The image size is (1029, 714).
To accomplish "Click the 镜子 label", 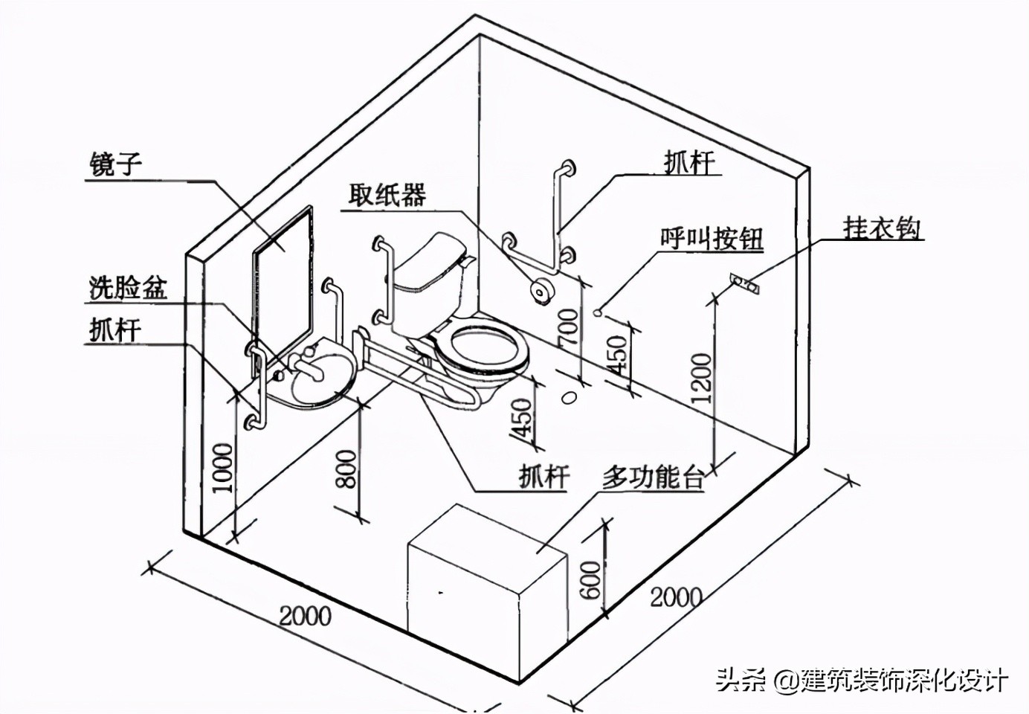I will coord(115,163).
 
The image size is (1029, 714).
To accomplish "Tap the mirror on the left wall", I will coord(283,271).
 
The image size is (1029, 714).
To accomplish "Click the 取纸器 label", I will coord(387,195).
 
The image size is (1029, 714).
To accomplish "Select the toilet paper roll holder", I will coord(541,290).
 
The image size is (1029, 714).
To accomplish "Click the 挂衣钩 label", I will coord(882,228).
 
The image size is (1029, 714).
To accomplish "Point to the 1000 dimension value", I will coord(223,468).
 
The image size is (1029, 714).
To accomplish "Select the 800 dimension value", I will coord(347,469).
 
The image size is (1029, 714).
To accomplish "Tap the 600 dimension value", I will coord(589,579).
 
